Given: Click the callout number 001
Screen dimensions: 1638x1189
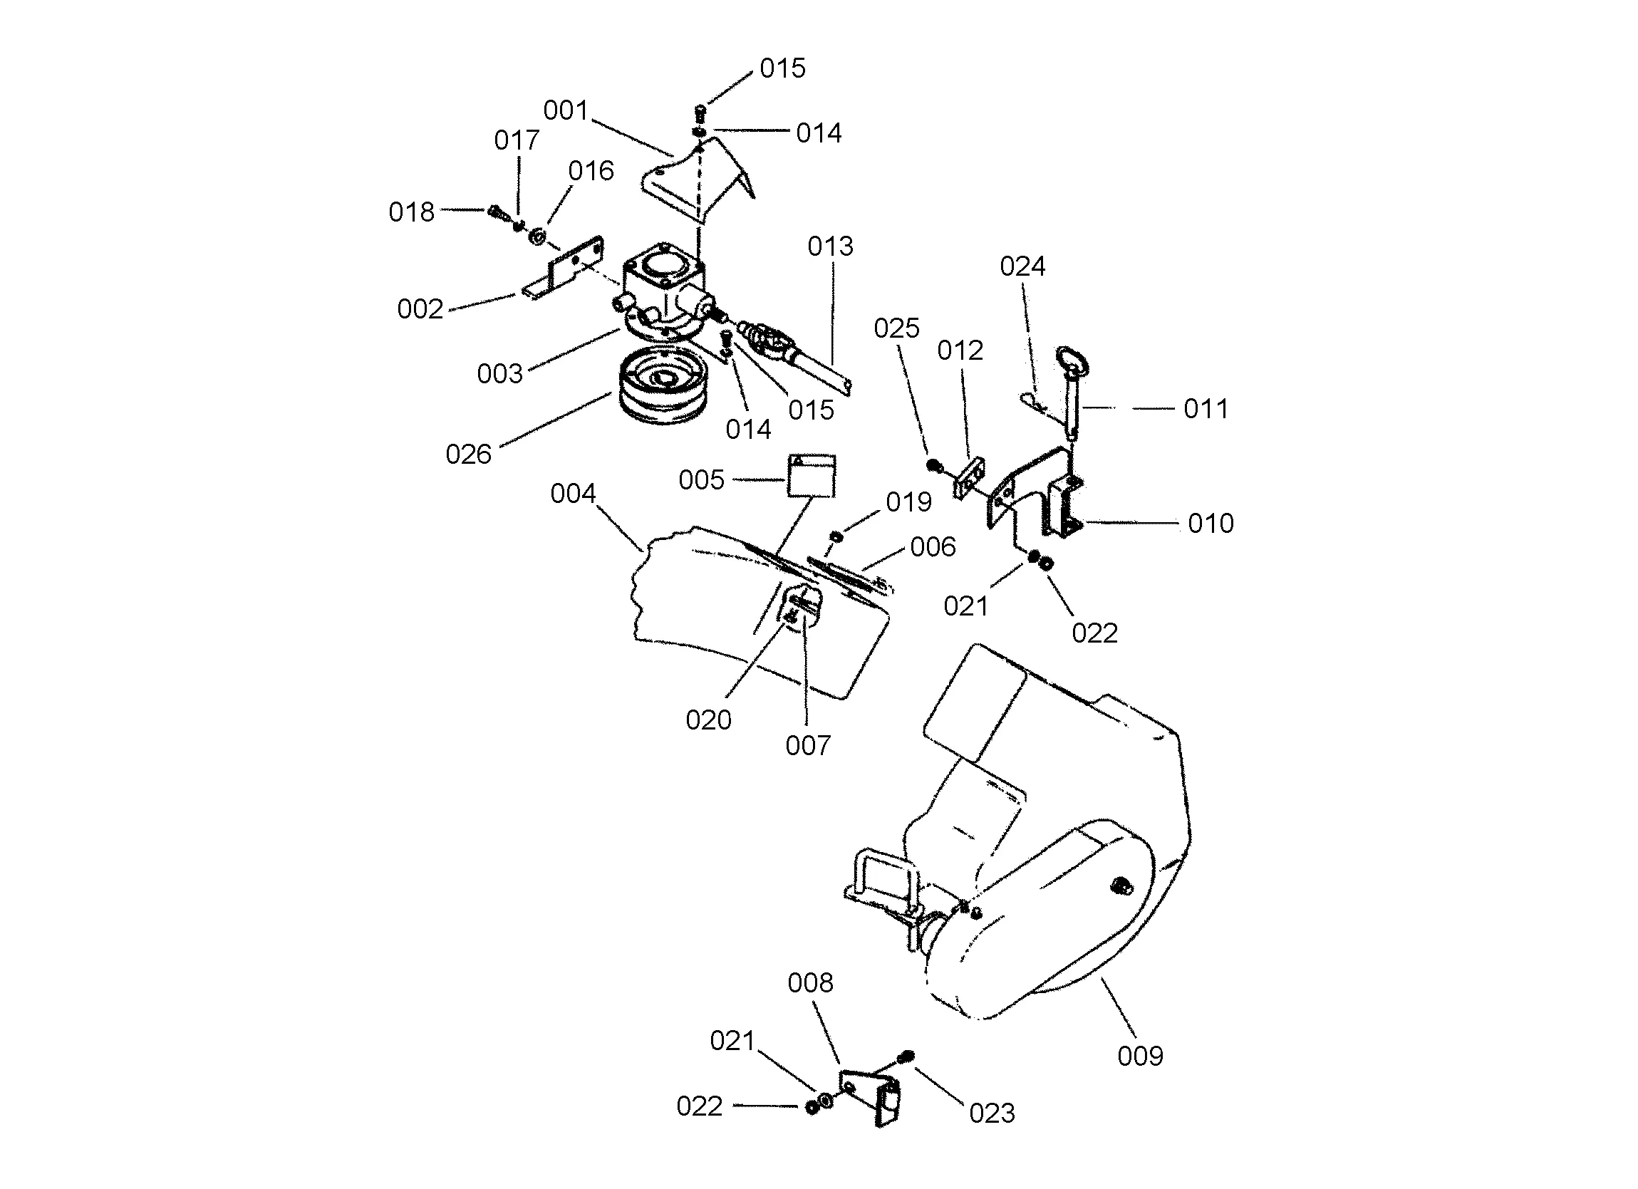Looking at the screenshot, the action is pyautogui.click(x=566, y=110).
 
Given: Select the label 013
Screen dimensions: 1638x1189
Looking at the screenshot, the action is pyautogui.click(x=831, y=246).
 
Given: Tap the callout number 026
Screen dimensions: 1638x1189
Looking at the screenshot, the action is pyautogui.click(x=468, y=455).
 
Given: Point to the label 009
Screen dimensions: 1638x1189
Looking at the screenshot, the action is pyautogui.click(x=1141, y=1056).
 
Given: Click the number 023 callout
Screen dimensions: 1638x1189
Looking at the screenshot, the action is pyautogui.click(x=992, y=1113).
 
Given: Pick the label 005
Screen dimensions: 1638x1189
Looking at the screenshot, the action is pyautogui.click(x=701, y=479).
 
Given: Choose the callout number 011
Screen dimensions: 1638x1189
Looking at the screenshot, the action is pyautogui.click(x=1206, y=409).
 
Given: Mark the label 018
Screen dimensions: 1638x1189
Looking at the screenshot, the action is pyautogui.click(x=412, y=212).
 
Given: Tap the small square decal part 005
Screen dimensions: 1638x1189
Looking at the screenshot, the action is pyautogui.click(x=811, y=476).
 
